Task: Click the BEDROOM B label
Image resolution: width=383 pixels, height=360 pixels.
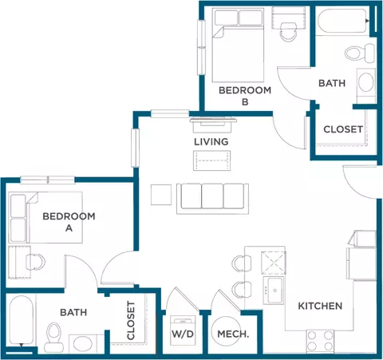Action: pyautogui.click(x=245, y=96)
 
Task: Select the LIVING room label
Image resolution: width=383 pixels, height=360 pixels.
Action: pyautogui.click(x=211, y=141)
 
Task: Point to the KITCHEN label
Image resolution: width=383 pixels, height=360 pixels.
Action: pyautogui.click(x=320, y=306)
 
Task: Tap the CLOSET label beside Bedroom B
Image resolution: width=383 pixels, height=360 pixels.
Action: pyautogui.click(x=343, y=129)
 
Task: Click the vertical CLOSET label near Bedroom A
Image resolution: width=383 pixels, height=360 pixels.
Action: pyautogui.click(x=131, y=320)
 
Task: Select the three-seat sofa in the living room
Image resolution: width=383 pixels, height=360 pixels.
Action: pyautogui.click(x=211, y=196)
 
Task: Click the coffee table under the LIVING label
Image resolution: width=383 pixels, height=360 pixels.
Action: pyautogui.click(x=211, y=160)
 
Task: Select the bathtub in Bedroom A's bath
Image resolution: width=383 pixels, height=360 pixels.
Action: pyautogui.click(x=18, y=319)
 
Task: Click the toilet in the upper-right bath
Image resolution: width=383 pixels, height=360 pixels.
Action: pyautogui.click(x=354, y=54)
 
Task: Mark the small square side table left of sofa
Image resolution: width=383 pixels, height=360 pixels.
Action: pyautogui.click(x=160, y=195)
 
